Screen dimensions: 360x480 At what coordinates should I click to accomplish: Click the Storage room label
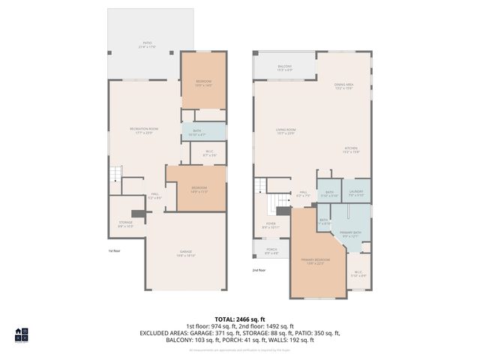click(125, 223)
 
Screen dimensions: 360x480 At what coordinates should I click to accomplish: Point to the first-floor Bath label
click(204, 133)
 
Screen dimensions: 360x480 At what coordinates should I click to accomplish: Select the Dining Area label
click(343, 86)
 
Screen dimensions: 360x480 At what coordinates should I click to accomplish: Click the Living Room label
click(286, 131)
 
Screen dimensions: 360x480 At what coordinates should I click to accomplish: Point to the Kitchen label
click(352, 150)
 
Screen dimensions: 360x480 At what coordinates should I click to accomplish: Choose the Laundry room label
click(355, 193)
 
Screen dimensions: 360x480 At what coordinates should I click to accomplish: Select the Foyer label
click(269, 225)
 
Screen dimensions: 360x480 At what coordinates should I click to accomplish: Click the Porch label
click(271, 252)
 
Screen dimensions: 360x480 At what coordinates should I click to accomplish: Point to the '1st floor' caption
click(114, 251)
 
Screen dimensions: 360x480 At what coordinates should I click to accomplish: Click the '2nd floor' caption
click(259, 270)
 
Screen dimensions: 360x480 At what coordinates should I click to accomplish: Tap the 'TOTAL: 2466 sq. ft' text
click(239, 319)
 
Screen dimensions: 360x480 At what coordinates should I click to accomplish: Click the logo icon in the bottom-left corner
click(21, 334)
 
